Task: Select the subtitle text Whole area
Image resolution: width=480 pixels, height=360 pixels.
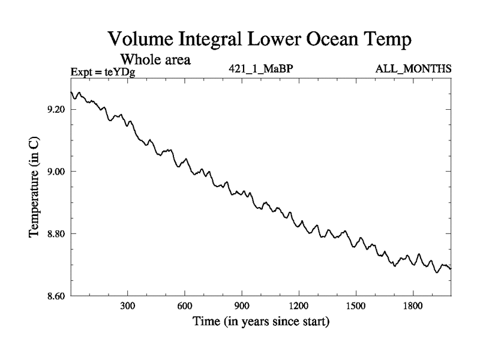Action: click(x=156, y=60)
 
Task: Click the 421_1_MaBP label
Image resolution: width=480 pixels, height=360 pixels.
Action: click(x=260, y=69)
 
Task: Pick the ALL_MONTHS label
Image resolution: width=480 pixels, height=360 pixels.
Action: click(x=413, y=69)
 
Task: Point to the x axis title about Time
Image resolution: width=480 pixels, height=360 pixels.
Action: click(x=260, y=322)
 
